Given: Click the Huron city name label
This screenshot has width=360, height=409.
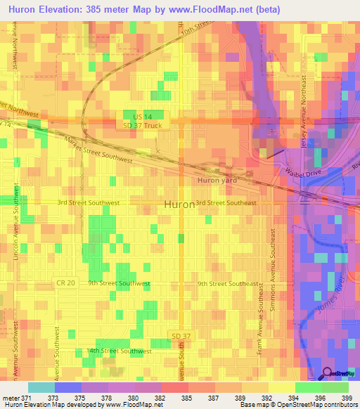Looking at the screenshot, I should [x=179, y=204].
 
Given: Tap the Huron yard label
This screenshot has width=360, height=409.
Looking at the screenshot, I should [x=217, y=180].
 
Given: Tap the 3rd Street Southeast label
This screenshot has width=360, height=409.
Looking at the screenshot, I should [x=226, y=202].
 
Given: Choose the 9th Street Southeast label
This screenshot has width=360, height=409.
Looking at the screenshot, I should [x=228, y=284].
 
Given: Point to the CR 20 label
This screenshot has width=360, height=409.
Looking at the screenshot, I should [x=65, y=283].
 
